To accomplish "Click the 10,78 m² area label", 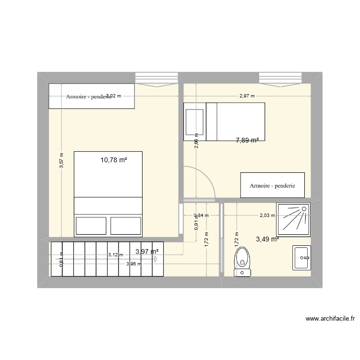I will [114, 160].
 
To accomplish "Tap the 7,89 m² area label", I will [247, 141].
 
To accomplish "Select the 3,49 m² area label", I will [267, 239].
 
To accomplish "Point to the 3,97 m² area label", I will [147, 251].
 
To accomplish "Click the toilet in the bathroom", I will [242, 262].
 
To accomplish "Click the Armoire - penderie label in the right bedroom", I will [272, 185].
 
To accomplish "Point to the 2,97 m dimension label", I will [247, 96].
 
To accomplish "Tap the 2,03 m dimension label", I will [267, 215].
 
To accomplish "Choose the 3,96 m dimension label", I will [134, 264].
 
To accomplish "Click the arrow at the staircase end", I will [156, 259].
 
